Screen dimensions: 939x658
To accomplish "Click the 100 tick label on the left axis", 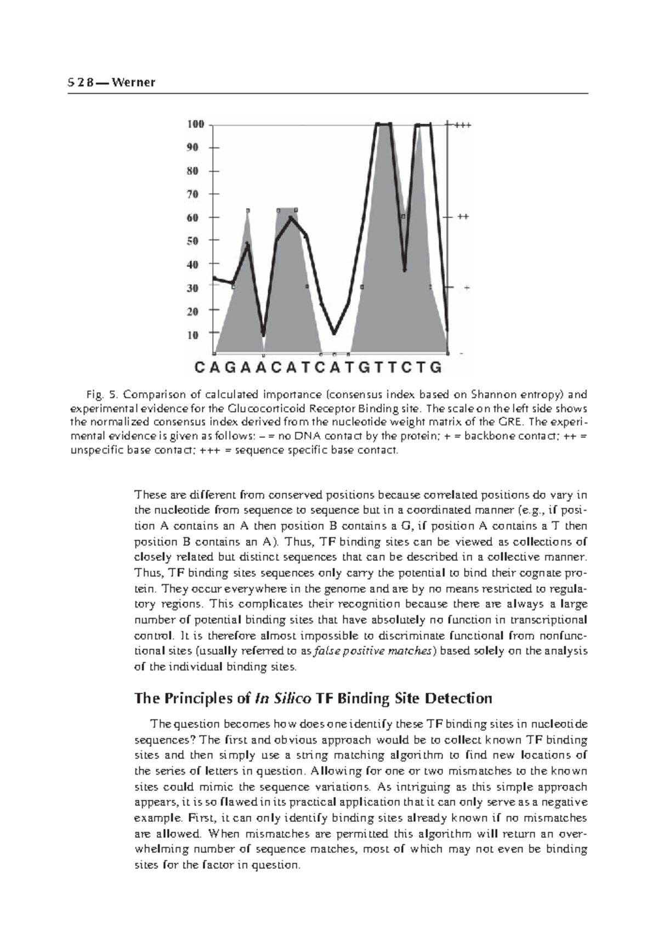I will pyautogui.click(x=196, y=124).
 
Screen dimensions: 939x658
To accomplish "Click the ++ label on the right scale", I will pyautogui.click(x=463, y=217).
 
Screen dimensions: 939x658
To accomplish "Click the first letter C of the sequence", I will pyautogui.click(x=199, y=367).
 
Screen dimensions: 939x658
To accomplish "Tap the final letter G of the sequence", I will pyautogui.click(x=436, y=367).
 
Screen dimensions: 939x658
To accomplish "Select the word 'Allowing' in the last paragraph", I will pyautogui.click(x=331, y=771).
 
